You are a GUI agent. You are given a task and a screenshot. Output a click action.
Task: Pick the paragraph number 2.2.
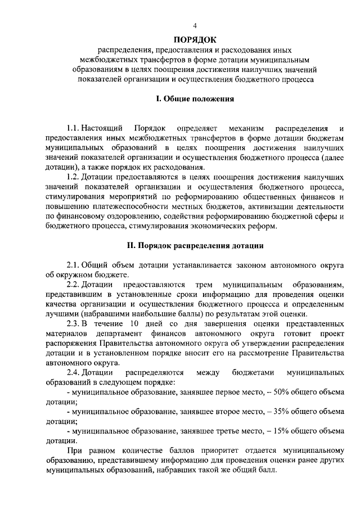[74, 285]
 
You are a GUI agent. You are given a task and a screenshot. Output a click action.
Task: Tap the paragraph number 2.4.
[74, 373]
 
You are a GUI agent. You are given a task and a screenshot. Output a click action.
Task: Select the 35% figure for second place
[279, 412]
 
